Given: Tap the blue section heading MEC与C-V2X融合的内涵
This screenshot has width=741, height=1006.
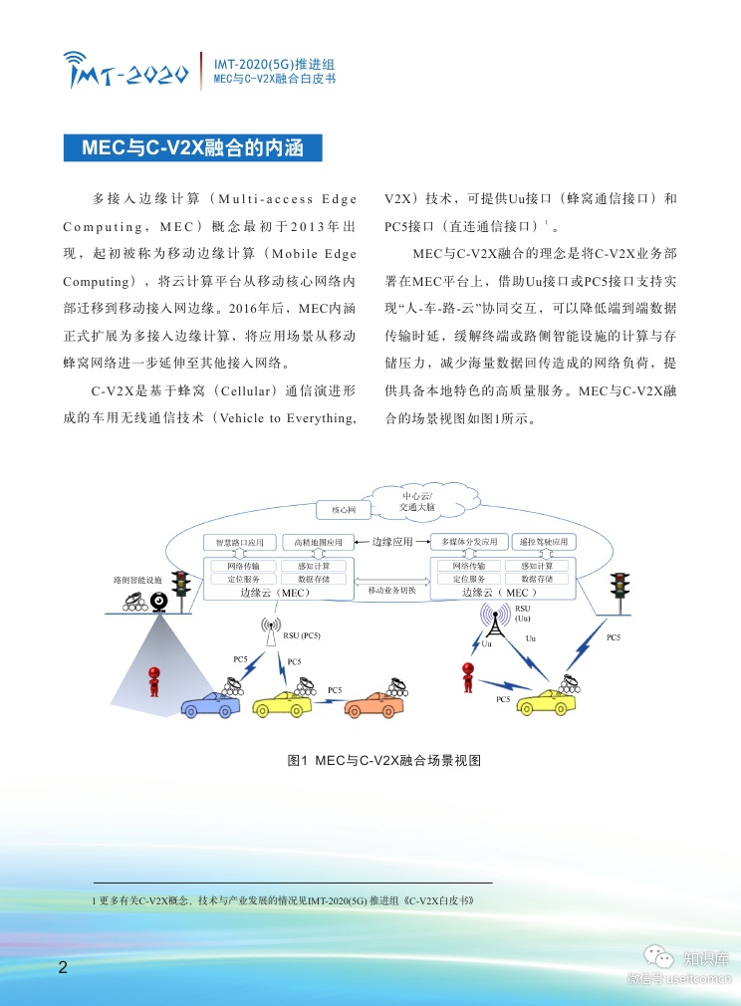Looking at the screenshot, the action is pyautogui.click(x=193, y=148).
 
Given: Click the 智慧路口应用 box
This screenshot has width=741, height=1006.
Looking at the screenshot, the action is pyautogui.click(x=239, y=543).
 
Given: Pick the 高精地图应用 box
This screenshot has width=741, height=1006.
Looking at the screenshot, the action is pyautogui.click(x=318, y=543).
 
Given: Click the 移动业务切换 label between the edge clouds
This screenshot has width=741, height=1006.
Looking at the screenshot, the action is pyautogui.click(x=391, y=590).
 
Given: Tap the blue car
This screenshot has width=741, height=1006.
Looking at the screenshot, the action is pyautogui.click(x=211, y=704).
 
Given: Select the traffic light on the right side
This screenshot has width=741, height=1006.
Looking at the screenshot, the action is pyautogui.click(x=620, y=585).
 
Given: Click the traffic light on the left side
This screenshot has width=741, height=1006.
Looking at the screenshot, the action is pyautogui.click(x=181, y=585).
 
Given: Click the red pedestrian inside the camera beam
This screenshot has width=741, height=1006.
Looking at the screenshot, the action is pyautogui.click(x=154, y=681).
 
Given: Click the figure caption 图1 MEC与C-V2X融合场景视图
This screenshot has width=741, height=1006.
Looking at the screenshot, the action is pyautogui.click(x=383, y=761).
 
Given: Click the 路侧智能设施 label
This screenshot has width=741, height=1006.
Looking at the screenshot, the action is pyautogui.click(x=137, y=579).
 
